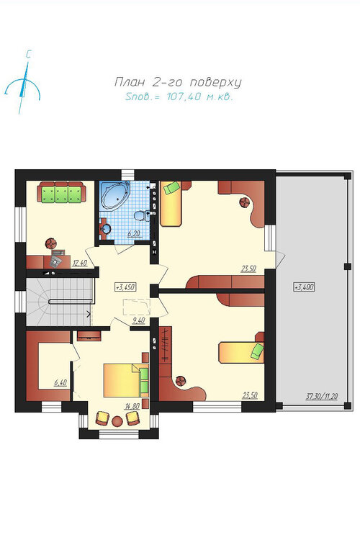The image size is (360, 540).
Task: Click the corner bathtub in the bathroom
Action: click(x=115, y=196)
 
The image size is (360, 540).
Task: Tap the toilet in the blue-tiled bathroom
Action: click(x=140, y=215)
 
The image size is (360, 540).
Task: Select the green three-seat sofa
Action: click(x=62, y=192)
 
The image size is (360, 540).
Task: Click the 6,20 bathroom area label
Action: click(x=134, y=234)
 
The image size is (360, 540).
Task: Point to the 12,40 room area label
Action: click(x=80, y=264)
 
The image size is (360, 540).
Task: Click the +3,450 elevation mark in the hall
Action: click(x=125, y=287)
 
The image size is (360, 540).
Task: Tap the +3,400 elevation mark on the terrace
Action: click(x=304, y=287)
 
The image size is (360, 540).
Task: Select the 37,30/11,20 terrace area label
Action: click(x=322, y=397)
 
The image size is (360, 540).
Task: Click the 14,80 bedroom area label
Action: click(x=132, y=406)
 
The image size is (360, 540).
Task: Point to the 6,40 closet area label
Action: click(x=60, y=382)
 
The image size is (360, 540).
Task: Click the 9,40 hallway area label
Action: click(x=139, y=320)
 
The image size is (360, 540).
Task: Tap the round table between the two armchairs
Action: click(x=117, y=421)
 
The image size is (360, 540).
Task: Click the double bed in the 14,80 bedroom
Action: click(x=126, y=380)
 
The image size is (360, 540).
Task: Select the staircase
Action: click(x=60, y=302)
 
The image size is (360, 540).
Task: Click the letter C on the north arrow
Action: click(x=29, y=54)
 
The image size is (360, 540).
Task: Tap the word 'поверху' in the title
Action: click(x=216, y=82)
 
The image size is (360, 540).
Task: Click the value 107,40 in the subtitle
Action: click(x=184, y=96)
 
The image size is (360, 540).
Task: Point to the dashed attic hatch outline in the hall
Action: click(x=137, y=307)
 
